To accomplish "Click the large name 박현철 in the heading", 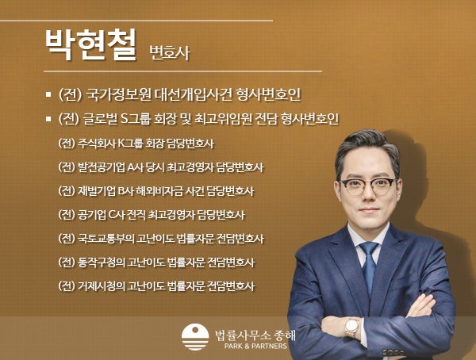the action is pyautogui.click(x=91, y=45).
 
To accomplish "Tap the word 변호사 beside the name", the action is pyautogui.click(x=170, y=53).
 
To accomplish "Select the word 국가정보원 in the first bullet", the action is pyautogui.click(x=119, y=94).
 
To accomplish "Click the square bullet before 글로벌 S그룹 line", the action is pyautogui.click(x=48, y=119).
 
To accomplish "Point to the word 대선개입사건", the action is pyautogui.click(x=194, y=94).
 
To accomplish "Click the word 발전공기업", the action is pyautogui.click(x=101, y=167).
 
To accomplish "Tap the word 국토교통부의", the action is pyautogui.click(x=106, y=239).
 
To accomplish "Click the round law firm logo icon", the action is pyautogui.click(x=195, y=337).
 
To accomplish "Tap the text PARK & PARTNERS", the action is pyautogui.click(x=255, y=346).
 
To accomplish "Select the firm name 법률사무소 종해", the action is pyautogui.click(x=255, y=335).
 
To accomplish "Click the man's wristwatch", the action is pyautogui.click(x=351, y=327).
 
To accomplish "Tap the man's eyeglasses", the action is pyautogui.click(x=368, y=186).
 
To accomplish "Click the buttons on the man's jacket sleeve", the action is pyautogui.click(x=393, y=353).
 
